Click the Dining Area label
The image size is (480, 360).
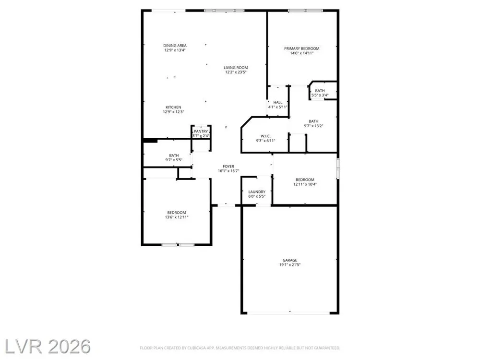pos(175,46)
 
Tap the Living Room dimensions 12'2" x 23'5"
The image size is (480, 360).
pos(236,72)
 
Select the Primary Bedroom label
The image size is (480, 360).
pos(301,48)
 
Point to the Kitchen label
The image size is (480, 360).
pos(173,107)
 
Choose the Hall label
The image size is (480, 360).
pos(278,103)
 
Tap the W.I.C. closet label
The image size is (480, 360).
pos(265,136)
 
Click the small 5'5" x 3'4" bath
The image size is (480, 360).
pos(323,90)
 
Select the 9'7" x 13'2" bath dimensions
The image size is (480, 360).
pos(313,126)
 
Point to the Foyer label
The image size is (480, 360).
pos(228,167)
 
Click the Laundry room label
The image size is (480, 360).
pos(257,192)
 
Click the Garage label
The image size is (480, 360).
pos(290,260)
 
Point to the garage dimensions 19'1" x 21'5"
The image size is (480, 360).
pos(290,265)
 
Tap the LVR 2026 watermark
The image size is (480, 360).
pos(48,347)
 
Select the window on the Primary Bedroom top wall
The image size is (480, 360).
pos(305,11)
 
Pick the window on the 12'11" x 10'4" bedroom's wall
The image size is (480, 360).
pos(338,168)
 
